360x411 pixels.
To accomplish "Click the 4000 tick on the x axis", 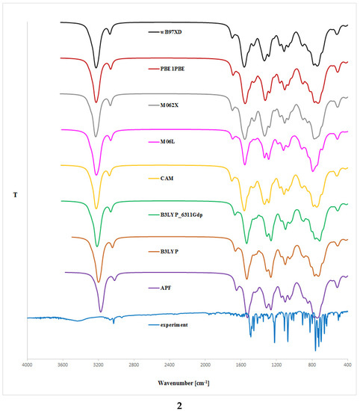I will [28, 365].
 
